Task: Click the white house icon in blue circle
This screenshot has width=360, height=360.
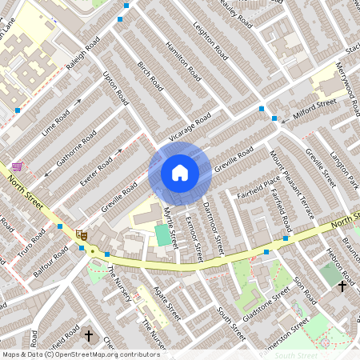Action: [180, 173]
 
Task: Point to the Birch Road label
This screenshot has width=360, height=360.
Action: [150, 77]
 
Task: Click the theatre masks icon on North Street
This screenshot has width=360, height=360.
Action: [81, 234]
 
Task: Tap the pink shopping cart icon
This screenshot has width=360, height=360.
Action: [18, 166]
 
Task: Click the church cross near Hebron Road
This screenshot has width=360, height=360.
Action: [342, 286]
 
